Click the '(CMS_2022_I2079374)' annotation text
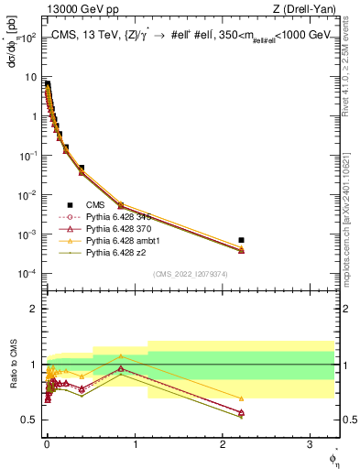tap(191, 273)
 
